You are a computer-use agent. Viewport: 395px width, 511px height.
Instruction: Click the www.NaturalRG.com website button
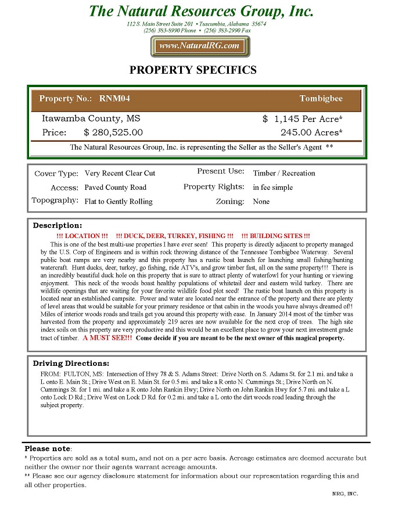click(x=200, y=46)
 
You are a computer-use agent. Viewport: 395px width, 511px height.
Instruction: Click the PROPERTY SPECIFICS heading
click(x=192, y=70)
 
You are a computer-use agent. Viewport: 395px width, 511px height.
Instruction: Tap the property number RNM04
click(x=114, y=99)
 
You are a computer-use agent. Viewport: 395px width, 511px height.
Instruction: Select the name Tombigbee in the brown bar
click(x=321, y=99)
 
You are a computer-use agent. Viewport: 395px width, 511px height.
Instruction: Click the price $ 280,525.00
click(x=113, y=132)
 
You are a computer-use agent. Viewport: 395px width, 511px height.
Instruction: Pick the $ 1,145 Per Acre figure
click(x=302, y=118)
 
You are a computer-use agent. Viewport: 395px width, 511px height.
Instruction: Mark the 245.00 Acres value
click(x=311, y=132)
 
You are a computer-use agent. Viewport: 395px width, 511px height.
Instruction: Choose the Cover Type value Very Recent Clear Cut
click(x=120, y=173)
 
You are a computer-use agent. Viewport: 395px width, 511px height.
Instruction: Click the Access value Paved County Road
click(x=115, y=188)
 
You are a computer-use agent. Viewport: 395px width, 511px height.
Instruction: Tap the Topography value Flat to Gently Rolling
click(x=119, y=201)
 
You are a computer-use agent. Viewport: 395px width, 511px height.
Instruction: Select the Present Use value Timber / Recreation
click(x=284, y=173)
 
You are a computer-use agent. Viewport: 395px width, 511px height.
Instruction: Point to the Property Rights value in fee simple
click(x=273, y=188)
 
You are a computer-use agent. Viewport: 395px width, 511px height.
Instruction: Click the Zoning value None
click(x=261, y=201)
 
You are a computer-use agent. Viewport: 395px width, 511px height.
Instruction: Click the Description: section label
click(x=58, y=225)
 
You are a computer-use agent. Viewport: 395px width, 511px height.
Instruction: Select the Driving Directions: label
click(x=71, y=364)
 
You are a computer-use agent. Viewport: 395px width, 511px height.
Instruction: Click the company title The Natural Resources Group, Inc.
click(x=201, y=11)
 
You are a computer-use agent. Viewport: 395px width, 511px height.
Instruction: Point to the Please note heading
click(x=47, y=449)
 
